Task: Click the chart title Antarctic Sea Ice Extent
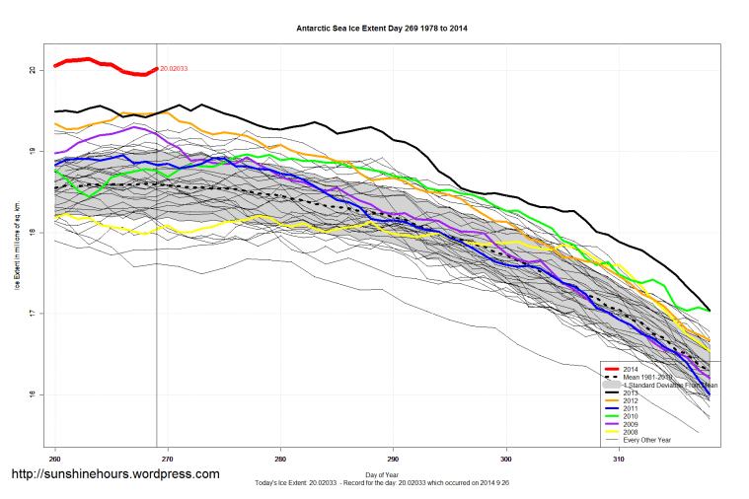coord(382,29)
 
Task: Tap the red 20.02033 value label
coord(174,68)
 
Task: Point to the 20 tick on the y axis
coord(32,70)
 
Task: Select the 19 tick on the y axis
coord(32,151)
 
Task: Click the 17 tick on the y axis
coord(32,314)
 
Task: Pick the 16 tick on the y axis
coord(32,394)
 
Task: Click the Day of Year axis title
coord(382,475)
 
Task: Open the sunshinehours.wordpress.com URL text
coord(114,474)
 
